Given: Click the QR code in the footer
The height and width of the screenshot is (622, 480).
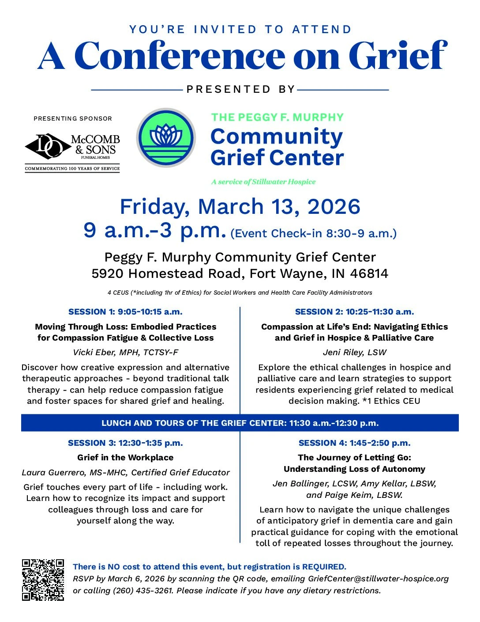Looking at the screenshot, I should point(43,580).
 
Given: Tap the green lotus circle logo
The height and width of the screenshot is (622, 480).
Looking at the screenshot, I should point(166,137).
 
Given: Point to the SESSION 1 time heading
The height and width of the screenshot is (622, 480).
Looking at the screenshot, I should point(125,312).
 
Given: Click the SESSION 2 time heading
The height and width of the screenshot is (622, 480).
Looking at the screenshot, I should point(354,312).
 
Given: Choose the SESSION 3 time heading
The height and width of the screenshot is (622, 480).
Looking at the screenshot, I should point(125,443).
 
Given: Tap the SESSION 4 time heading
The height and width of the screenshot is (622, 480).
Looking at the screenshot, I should point(354,443).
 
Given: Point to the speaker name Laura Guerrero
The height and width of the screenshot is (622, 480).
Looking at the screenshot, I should point(52,472).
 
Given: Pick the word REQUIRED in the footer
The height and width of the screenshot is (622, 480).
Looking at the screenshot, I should point(323,567).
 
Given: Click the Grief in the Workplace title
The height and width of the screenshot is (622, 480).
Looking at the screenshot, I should point(125,458).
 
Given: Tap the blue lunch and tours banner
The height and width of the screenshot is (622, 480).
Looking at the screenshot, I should point(240,423).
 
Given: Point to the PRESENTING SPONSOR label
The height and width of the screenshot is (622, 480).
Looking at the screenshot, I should point(73,118).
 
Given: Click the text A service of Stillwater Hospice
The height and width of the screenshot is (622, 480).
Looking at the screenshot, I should point(263,182).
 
